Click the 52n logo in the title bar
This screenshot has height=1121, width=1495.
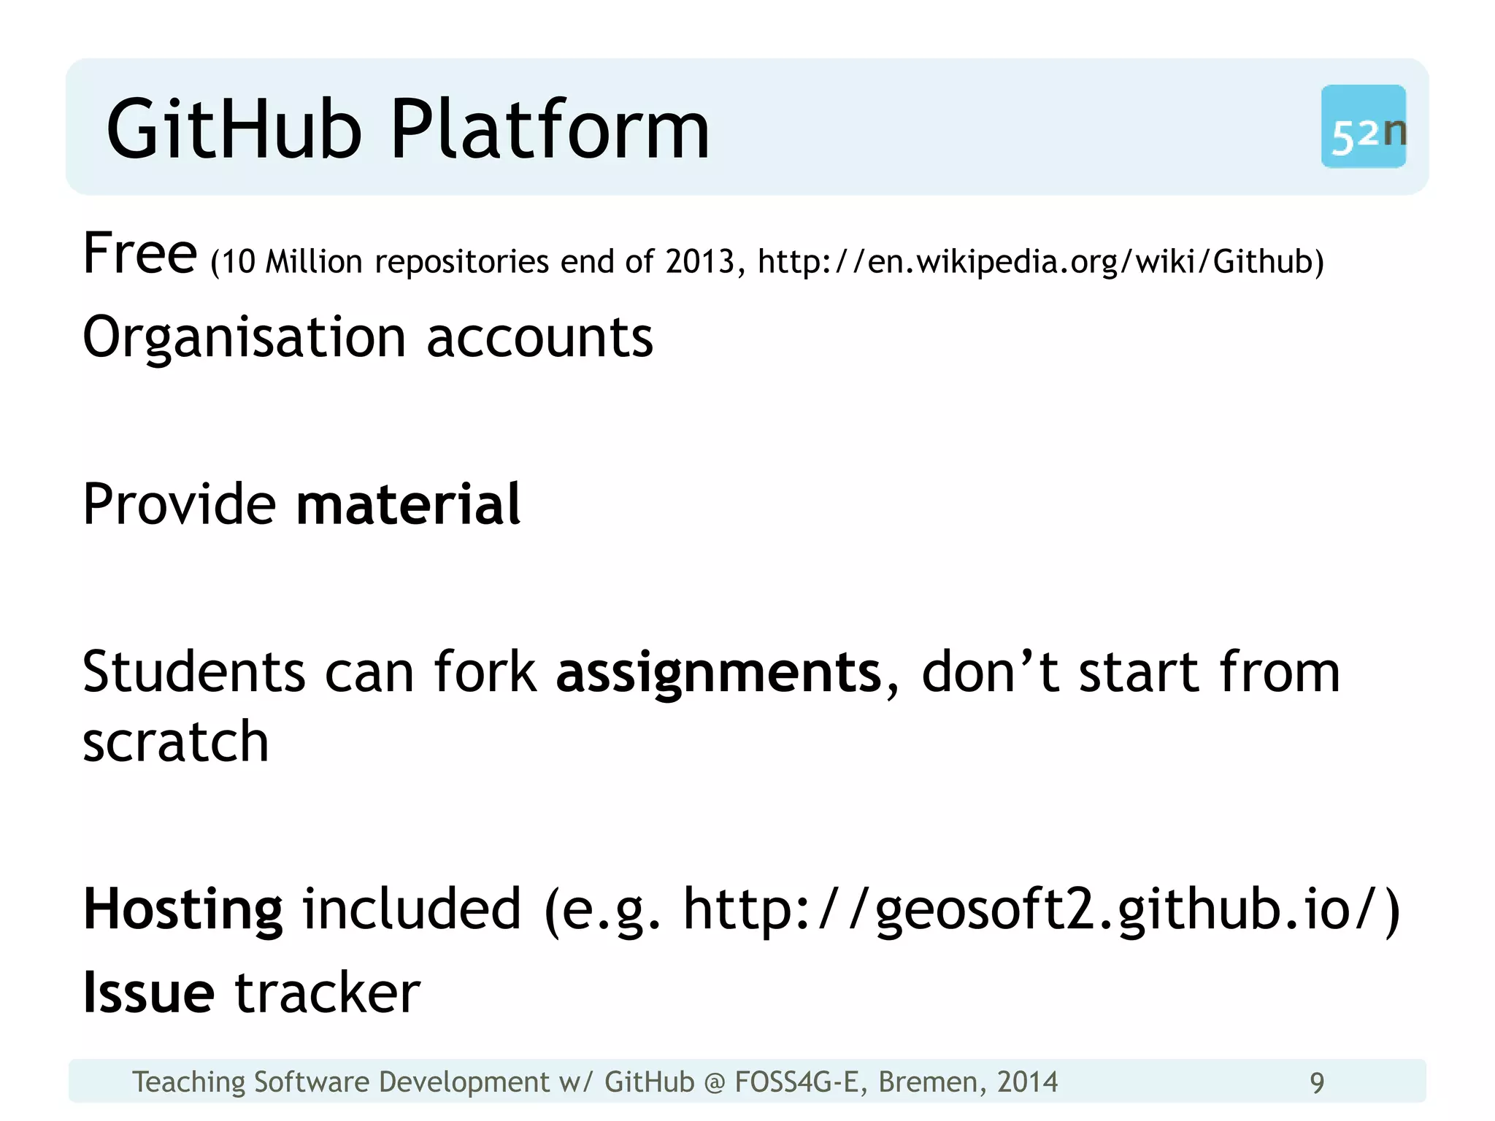(x=1363, y=127)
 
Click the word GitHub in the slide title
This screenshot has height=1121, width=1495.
(x=234, y=130)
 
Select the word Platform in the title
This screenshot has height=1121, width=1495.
(x=550, y=130)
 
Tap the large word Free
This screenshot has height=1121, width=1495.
(x=139, y=253)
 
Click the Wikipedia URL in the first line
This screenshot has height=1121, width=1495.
(x=1039, y=261)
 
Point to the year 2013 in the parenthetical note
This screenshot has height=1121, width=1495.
(x=699, y=261)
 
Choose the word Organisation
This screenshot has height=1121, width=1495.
(x=244, y=338)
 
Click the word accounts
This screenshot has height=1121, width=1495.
(x=539, y=338)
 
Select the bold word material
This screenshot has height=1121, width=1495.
(x=408, y=504)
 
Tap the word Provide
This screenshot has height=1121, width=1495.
(x=179, y=504)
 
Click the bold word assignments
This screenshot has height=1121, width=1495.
(x=719, y=671)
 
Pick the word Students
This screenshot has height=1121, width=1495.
(x=194, y=671)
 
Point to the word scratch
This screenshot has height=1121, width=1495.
(x=176, y=741)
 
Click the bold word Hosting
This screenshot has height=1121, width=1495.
(x=182, y=909)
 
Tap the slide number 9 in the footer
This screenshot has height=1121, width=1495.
(x=1317, y=1082)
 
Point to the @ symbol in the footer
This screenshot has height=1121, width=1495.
(x=715, y=1082)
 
